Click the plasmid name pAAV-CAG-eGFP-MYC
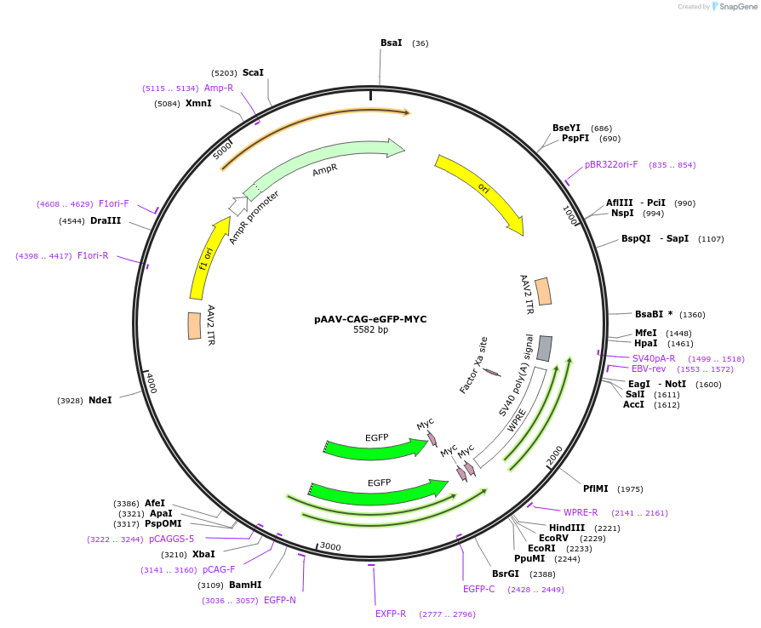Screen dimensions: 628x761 tap(370, 319)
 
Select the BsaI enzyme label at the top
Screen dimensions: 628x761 tap(392, 43)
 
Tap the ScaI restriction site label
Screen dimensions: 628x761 tap(253, 73)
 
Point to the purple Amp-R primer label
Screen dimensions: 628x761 tap(219, 88)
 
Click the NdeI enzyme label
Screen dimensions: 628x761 tap(100, 400)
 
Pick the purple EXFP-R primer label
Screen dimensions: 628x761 tap(391, 614)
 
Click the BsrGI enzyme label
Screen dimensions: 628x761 tap(505, 574)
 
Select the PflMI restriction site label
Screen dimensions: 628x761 tap(596, 488)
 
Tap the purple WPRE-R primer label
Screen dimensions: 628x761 tap(581, 512)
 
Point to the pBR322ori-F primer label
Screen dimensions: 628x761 tap(611, 164)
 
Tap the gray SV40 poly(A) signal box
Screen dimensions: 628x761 tap(545, 347)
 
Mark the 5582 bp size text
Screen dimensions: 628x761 tap(370, 330)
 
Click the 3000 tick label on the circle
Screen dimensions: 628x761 tap(329, 546)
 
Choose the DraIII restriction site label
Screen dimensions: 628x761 tap(106, 220)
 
